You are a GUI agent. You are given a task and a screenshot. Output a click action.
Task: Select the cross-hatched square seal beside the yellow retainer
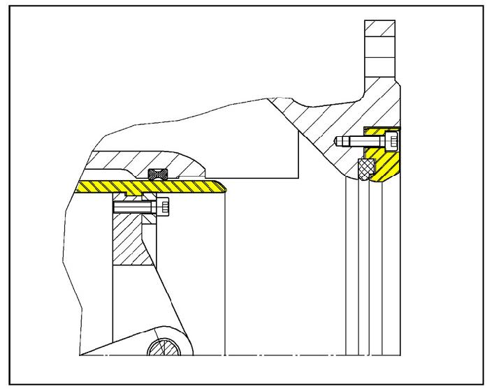(365, 168)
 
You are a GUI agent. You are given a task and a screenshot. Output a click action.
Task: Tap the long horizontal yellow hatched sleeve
(140, 186)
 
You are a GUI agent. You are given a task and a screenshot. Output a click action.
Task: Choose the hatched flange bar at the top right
(380, 35)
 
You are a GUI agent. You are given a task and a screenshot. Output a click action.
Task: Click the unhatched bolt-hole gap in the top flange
(380, 55)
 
